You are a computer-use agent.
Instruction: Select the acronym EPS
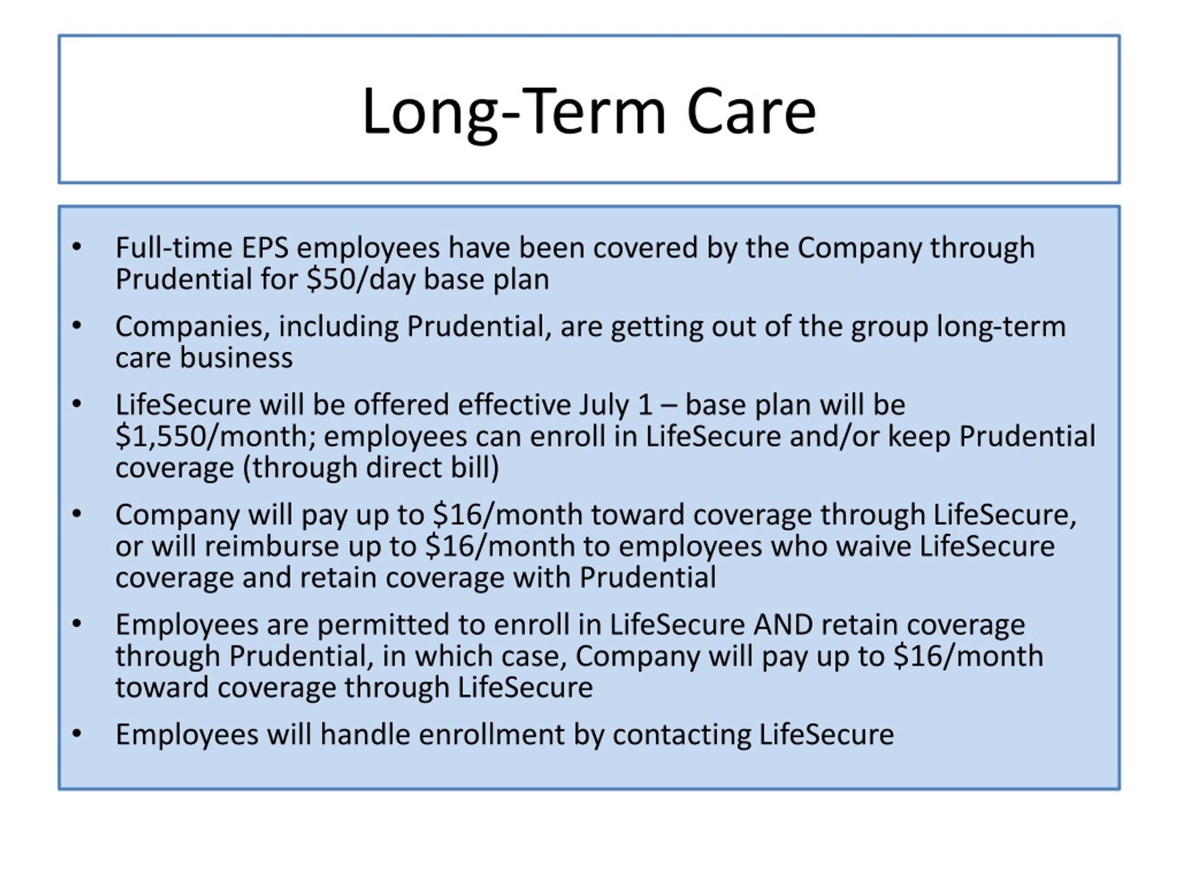tap(265, 247)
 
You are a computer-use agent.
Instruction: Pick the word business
tap(236, 358)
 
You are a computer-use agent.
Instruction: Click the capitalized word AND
tap(783, 625)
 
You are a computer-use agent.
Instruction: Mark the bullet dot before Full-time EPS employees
tap(77, 247)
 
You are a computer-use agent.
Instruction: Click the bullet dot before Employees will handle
tap(77, 734)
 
